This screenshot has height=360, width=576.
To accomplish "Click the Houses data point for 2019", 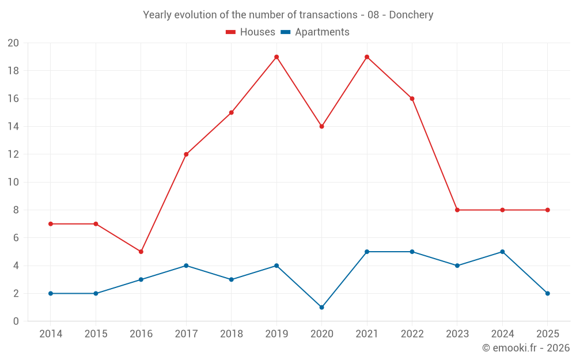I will pos(276,57).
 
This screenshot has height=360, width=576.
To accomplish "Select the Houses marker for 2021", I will pos(367,57).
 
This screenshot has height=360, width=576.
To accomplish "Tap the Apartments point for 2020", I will pos(321,307).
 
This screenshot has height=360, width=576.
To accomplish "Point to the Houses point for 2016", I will pos(141,252).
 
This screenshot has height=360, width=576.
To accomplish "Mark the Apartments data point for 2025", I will pos(547,293).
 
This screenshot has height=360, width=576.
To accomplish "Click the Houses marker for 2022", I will pos(412,98).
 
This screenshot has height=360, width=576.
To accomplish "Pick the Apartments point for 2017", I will pos(186,266).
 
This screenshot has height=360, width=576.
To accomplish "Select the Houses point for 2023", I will pos(457,210).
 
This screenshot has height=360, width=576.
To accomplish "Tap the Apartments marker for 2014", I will pos(51,293).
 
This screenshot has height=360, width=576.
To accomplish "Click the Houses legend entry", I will pos(251,32).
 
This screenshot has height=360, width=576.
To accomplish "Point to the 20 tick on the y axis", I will pos(13,43).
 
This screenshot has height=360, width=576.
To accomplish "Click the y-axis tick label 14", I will pos(13,127).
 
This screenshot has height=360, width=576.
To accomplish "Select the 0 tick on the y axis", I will pos(16,321).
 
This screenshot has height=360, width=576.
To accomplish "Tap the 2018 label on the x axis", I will pos(231,334).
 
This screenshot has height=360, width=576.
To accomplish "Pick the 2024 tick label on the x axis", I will pos(502,334).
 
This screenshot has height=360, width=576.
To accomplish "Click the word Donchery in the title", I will pos(411,15).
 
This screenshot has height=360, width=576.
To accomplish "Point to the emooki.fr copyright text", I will pos(526,348).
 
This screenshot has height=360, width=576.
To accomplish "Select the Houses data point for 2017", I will pos(186,154).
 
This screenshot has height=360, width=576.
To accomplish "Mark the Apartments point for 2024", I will pos(502,252).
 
